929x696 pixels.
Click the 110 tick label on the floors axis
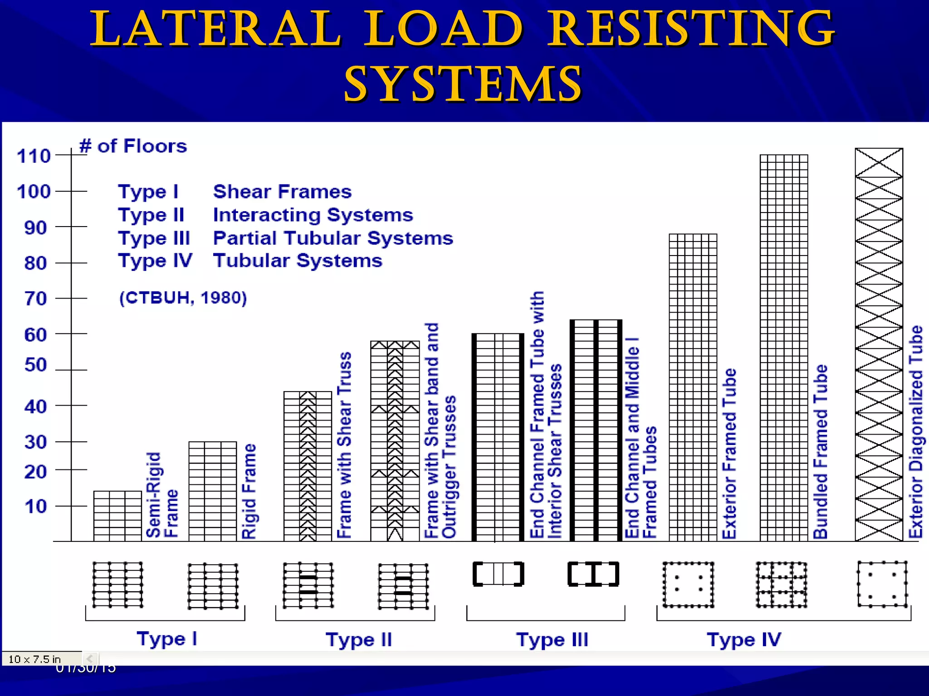[x=34, y=156]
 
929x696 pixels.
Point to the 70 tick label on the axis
[x=35, y=299]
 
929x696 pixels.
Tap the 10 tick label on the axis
[x=35, y=507]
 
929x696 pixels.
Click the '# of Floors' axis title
[x=133, y=146]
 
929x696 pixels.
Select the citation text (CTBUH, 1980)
[x=183, y=298]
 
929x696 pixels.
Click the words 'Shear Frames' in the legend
[x=282, y=192]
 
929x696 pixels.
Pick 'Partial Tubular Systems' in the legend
[x=333, y=238]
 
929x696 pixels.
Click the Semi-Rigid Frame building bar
[x=117, y=516]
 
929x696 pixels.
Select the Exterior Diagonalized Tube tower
[x=879, y=344]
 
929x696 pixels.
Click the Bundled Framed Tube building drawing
[x=783, y=348]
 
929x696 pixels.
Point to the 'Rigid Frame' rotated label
[x=249, y=491]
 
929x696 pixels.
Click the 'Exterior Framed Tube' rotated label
[x=729, y=454]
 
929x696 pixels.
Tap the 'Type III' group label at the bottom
[x=552, y=640]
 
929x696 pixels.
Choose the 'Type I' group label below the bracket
[x=167, y=639]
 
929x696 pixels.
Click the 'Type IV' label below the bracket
[x=743, y=640]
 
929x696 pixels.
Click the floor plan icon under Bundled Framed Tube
[x=781, y=585]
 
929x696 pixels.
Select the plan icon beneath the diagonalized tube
[x=882, y=584]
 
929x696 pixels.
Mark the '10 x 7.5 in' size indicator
[x=34, y=659]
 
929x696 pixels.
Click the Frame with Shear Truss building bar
[x=308, y=466]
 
